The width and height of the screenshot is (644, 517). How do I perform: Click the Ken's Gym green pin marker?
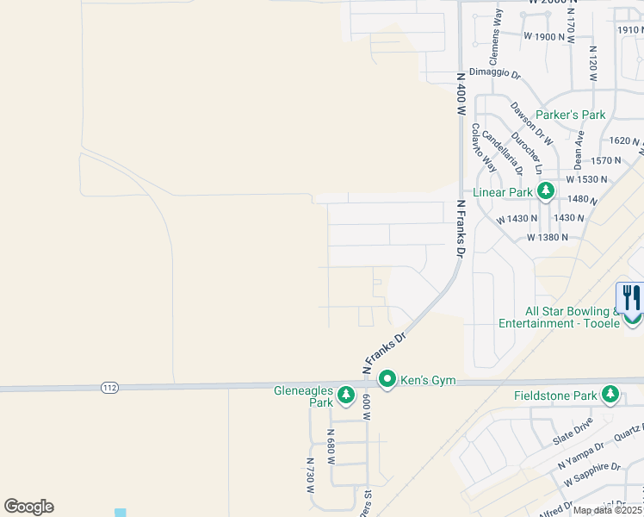387,379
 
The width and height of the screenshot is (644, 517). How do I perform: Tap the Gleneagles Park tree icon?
346,395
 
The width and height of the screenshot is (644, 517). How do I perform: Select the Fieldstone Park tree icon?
610,395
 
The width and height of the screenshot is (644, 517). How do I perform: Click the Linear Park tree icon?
544,190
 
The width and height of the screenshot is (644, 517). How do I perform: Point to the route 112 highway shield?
108,388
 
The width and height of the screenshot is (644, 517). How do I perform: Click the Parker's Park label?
570,115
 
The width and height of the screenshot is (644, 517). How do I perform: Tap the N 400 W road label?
461,94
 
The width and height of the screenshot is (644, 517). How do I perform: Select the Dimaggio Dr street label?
495,75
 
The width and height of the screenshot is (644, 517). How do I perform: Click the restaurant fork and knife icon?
632,298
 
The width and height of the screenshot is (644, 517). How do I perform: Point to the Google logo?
28,507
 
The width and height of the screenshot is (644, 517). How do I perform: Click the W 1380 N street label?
549,237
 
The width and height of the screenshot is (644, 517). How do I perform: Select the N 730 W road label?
311,474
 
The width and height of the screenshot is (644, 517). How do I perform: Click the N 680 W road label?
331,446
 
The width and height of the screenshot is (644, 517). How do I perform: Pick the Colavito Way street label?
483,146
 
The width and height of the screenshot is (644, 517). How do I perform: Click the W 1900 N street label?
550,36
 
